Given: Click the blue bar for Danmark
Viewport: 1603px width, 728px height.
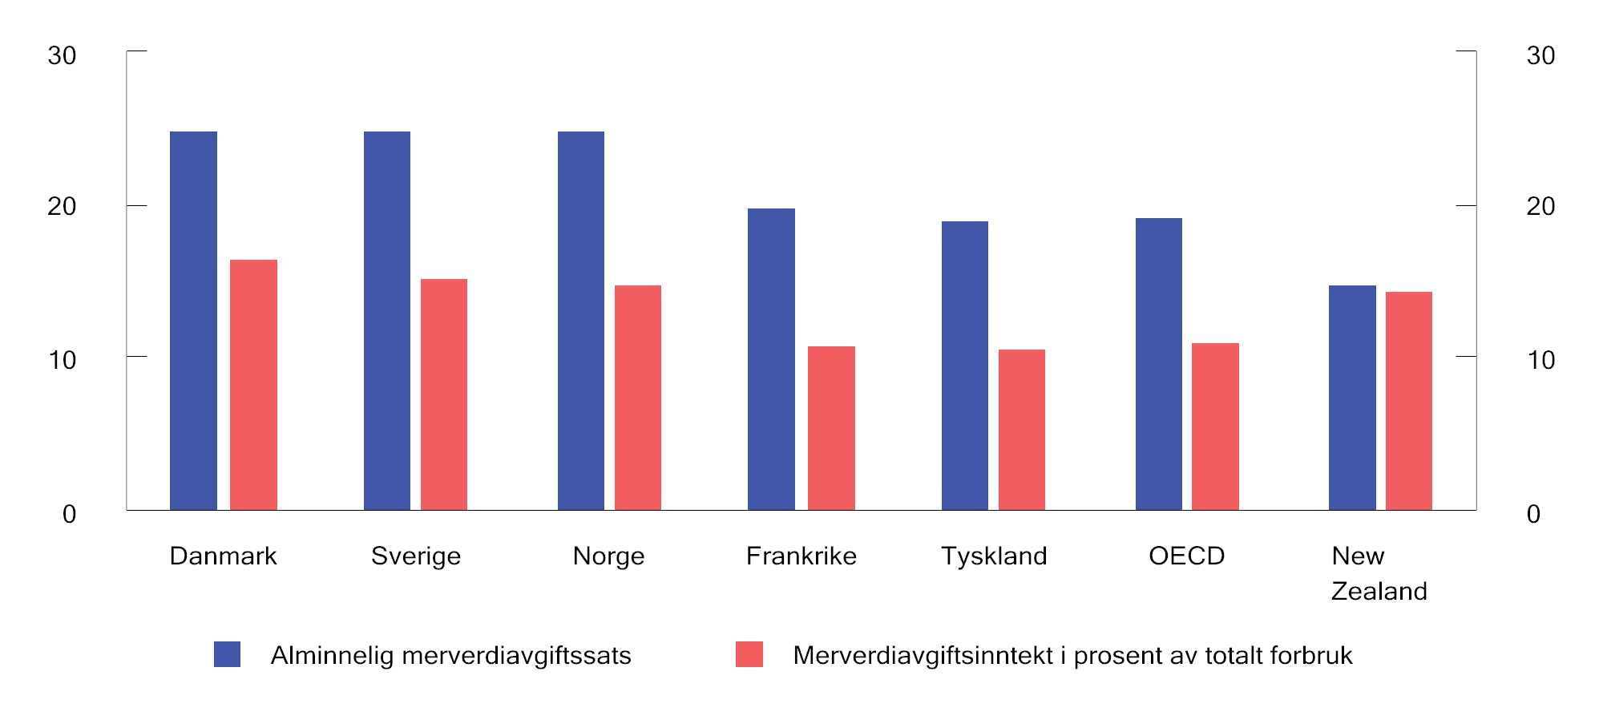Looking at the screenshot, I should [193, 321].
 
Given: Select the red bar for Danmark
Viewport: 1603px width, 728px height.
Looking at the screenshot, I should [253, 385].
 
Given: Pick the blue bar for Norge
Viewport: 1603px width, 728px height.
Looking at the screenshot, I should [581, 321].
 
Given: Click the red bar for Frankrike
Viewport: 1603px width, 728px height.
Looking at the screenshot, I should [831, 428].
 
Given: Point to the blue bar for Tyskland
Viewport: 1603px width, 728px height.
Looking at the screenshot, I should [965, 366].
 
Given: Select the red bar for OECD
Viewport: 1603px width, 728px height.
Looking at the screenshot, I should [1215, 427].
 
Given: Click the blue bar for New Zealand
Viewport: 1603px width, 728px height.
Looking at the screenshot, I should [1352, 398].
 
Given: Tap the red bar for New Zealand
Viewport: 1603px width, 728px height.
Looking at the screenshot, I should [1409, 401].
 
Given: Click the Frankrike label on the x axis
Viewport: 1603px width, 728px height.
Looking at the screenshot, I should [801, 556].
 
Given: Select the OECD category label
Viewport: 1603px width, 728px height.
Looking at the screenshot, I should [1186, 556].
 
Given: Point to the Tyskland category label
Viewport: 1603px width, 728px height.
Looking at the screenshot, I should [994, 556].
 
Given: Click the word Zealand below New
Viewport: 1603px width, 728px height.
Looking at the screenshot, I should [1379, 591].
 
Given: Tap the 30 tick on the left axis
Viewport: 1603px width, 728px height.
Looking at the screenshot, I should [62, 55].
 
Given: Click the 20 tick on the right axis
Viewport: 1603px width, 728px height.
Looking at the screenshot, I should [1540, 206].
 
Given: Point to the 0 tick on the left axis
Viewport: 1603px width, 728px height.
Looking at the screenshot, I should [70, 514].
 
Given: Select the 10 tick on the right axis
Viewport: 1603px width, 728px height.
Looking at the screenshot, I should [1540, 360].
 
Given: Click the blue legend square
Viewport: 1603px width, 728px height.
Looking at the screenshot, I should [228, 654].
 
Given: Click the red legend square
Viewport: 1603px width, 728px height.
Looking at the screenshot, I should [749, 654].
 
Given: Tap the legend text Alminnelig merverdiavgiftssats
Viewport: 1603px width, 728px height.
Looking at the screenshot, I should [450, 656].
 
